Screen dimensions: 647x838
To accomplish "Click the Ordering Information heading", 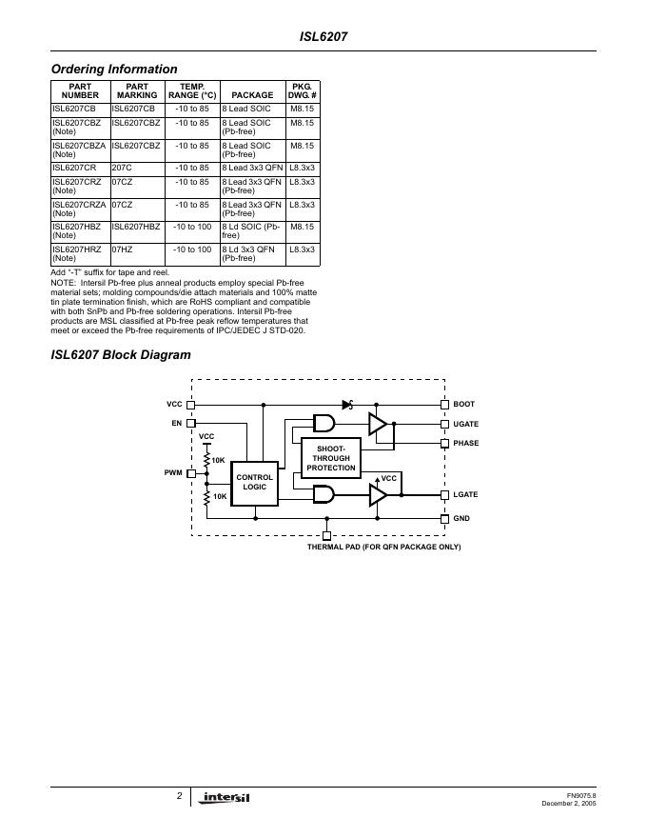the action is (114, 69).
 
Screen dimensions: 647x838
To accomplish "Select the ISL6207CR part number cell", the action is (74, 168).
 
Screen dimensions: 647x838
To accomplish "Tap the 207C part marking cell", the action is (122, 168).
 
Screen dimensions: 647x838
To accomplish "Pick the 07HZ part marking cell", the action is (122, 249).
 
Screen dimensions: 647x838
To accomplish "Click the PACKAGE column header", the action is (252, 95).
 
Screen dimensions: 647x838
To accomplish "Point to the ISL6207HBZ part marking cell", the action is (136, 227).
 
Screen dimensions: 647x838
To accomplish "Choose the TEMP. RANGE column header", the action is (192, 90).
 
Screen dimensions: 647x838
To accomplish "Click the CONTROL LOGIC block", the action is (255, 482).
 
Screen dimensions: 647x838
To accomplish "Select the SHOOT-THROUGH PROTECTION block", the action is (331, 458).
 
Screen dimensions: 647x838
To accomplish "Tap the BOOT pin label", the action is (463, 405).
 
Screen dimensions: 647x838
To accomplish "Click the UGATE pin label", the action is (466, 424).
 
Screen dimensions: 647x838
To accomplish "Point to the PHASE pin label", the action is (466, 443).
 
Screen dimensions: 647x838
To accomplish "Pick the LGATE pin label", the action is (465, 495).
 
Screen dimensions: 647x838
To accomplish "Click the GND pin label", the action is (461, 518).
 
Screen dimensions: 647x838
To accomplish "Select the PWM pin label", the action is (173, 472).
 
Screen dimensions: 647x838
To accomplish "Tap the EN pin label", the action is (176, 423).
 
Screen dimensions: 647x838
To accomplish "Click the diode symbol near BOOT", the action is (348, 405).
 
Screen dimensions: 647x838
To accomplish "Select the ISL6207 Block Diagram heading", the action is (121, 354).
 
